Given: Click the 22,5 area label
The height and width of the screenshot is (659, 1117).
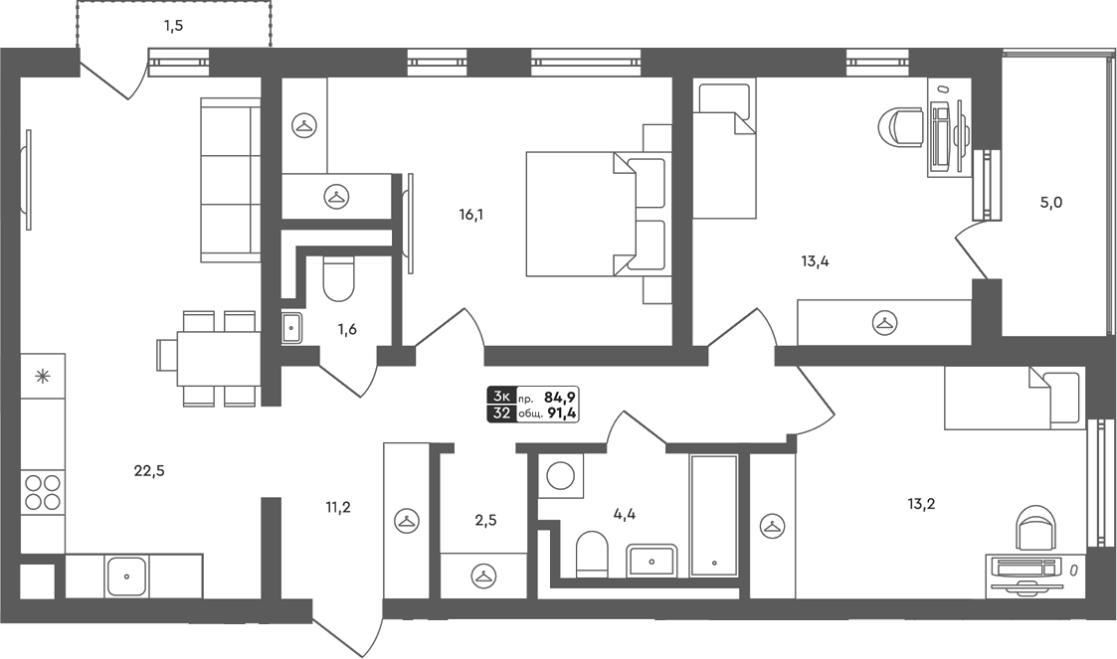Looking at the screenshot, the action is pyautogui.click(x=149, y=470).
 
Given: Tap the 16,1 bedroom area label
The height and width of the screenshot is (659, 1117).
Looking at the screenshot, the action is pyautogui.click(x=471, y=215).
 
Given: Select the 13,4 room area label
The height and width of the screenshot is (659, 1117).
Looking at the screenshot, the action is pyautogui.click(x=815, y=261).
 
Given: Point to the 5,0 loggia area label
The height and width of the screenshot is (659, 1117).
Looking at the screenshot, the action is pyautogui.click(x=1051, y=203).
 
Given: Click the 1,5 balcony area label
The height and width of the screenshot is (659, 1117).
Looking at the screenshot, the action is pyautogui.click(x=174, y=26).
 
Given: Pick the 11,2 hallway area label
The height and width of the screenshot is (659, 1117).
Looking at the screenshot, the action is pyautogui.click(x=338, y=507).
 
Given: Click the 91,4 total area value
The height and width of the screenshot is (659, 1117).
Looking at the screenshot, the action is pyautogui.click(x=561, y=413).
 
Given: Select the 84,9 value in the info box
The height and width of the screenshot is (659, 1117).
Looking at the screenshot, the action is pyautogui.click(x=560, y=398).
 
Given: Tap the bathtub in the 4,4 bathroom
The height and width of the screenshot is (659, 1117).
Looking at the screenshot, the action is pyautogui.click(x=713, y=516).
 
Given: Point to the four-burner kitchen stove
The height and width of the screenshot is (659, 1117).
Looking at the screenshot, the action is pyautogui.click(x=42, y=492).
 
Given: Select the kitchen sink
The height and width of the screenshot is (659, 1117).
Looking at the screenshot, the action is pyautogui.click(x=126, y=577).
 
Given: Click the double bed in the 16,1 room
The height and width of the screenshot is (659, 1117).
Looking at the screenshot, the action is pyautogui.click(x=599, y=214).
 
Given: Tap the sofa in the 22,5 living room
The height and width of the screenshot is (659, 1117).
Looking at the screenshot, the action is pyautogui.click(x=231, y=180).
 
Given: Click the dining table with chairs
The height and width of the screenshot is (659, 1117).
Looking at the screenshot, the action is pyautogui.click(x=207, y=358).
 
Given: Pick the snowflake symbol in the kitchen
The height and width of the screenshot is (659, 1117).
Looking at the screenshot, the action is pyautogui.click(x=42, y=376).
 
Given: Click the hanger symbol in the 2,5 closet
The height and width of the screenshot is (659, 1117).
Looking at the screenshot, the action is pyautogui.click(x=483, y=576).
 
